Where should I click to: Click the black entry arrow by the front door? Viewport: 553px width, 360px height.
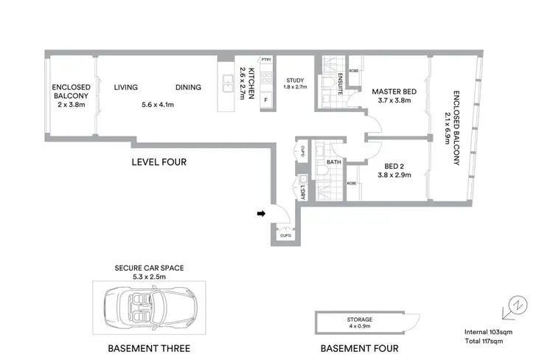click(x=261, y=215)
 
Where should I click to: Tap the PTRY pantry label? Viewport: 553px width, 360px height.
click(x=266, y=59)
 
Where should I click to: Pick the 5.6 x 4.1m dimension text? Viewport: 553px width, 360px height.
click(x=158, y=105)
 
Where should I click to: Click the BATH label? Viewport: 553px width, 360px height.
click(x=333, y=162)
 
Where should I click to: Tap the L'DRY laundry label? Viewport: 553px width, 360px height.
click(x=303, y=190)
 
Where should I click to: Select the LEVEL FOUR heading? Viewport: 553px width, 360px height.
click(x=159, y=162)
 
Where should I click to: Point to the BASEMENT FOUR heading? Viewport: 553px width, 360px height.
click(x=360, y=347)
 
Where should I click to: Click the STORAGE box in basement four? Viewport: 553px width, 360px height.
click(x=361, y=322)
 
